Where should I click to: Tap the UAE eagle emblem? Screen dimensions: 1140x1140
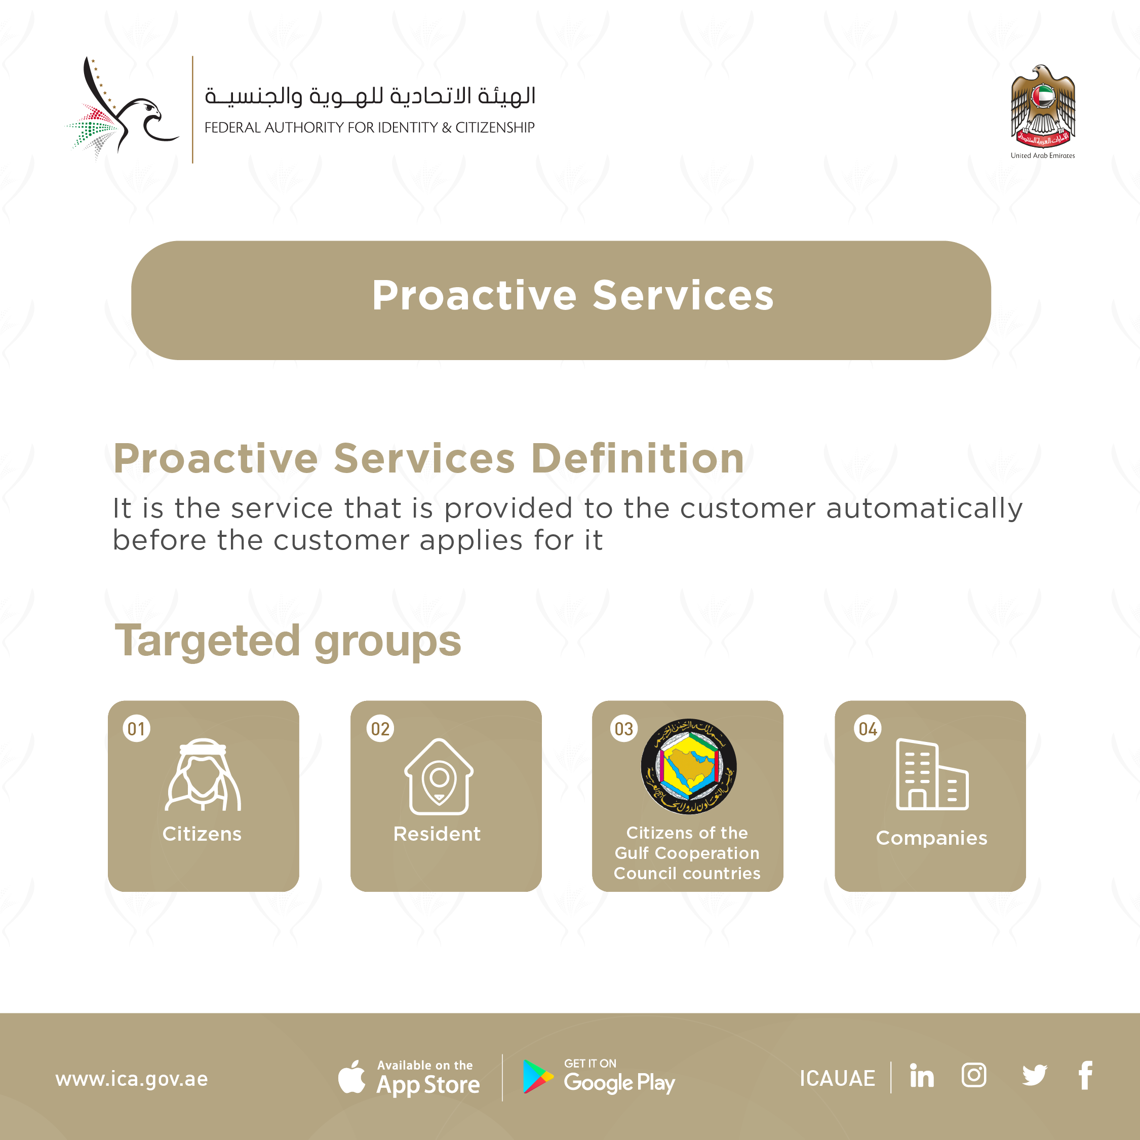[1043, 106]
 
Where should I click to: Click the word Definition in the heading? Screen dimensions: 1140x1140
[637, 458]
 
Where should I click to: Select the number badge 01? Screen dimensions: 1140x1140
[136, 729]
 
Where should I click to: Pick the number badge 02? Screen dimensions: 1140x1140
[380, 729]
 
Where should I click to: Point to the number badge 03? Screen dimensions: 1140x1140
[624, 729]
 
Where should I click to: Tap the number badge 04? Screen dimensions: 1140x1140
[868, 729]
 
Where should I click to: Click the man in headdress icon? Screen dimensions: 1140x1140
[203, 775]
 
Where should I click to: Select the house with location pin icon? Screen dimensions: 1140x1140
[439, 776]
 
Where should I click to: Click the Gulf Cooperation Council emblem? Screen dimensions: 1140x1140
[689, 766]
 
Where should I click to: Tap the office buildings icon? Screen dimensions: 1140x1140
[932, 774]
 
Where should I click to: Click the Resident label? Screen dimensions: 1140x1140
[437, 834]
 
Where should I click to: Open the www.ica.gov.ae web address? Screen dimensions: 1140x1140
[132, 1079]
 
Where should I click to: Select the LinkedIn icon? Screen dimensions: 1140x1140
[922, 1076]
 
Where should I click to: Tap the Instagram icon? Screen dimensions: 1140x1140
[973, 1075]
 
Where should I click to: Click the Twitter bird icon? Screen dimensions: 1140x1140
[1034, 1076]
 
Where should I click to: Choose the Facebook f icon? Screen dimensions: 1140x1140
[1086, 1075]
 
